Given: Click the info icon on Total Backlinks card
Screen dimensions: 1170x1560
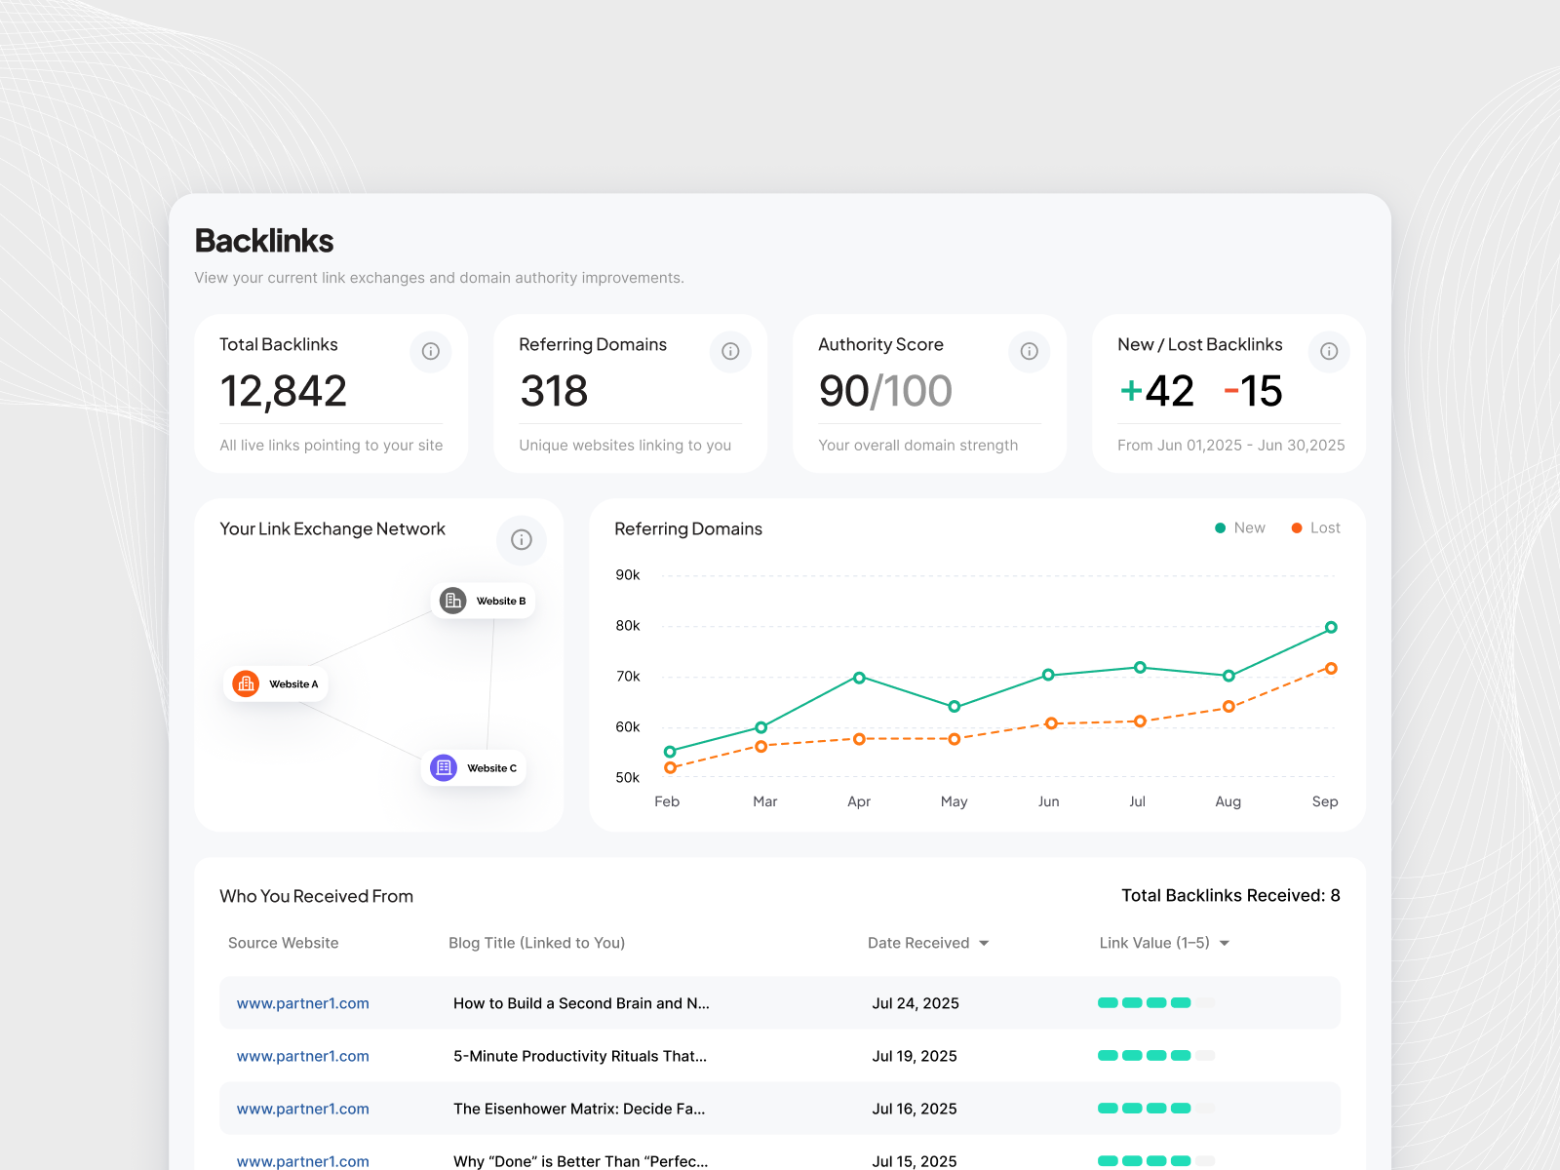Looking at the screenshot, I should point(430,351).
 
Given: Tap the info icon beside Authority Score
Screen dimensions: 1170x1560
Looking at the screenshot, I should point(1029,351).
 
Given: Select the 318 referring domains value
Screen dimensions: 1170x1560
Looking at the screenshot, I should point(554,392).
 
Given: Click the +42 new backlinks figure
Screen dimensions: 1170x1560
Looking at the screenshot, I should point(1157,392).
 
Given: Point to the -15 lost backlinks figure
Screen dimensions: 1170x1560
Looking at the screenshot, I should point(1254,392).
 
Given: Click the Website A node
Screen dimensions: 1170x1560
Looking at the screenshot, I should point(276,684).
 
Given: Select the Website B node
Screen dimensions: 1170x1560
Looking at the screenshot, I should point(484,601).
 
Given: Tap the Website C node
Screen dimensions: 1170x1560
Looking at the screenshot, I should point(474,768).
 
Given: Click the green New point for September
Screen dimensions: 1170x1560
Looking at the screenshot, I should point(1331,628).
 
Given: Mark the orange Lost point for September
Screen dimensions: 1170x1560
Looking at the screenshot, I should point(1331,669).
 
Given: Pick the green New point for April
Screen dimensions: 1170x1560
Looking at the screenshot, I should point(859,678).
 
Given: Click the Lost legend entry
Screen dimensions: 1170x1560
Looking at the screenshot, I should point(1316,528).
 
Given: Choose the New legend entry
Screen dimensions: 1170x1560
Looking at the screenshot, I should point(1240,528).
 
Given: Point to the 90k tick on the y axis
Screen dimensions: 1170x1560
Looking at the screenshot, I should point(628,575).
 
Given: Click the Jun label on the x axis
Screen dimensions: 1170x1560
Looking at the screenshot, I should point(1048,801).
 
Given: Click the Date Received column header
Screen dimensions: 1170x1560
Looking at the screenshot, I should point(918,943).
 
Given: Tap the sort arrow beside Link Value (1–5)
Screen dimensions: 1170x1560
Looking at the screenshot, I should point(1225,944).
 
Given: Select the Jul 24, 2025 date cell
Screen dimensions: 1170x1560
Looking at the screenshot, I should point(916,1003).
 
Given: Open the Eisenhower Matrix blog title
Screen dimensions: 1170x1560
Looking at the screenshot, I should point(579,1109).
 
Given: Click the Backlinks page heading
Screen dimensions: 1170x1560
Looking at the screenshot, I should point(264,241).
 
